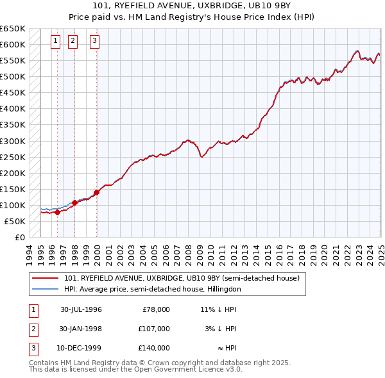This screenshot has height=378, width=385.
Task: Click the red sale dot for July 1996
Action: click(57, 212)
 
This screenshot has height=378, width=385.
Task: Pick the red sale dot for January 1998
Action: click(74, 202)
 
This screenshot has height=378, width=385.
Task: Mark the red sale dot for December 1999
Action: click(96, 192)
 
